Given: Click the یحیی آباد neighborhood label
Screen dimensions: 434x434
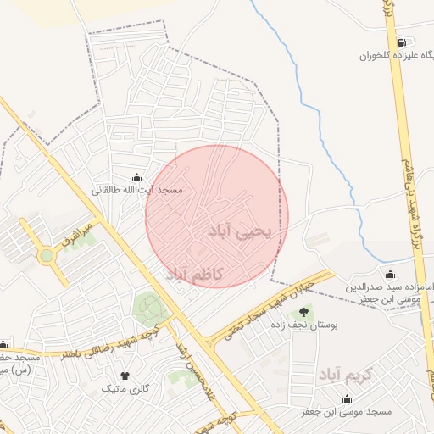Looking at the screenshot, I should pos(239,231).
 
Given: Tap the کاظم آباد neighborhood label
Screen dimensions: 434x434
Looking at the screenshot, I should pos(194,274).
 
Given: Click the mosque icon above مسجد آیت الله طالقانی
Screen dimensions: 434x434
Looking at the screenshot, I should pos(137,177).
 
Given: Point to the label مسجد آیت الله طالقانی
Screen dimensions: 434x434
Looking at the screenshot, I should pos(138,190).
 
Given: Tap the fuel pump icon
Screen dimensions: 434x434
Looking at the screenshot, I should pos(401,42).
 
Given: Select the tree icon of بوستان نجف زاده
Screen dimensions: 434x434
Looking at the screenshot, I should pos(303,312).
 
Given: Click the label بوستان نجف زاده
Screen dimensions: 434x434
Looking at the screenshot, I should pos(304,325).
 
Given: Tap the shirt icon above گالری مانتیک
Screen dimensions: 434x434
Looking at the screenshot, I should pos(125,375).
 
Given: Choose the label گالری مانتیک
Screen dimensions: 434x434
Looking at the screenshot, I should pos(125,388).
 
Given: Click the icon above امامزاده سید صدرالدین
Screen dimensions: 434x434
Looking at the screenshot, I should pos(390,274).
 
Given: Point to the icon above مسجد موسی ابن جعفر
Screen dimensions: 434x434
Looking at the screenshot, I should pos(347,398).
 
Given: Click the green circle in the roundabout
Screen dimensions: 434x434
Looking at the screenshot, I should pos(47,255).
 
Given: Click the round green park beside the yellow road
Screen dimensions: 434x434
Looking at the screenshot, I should pos(150,308).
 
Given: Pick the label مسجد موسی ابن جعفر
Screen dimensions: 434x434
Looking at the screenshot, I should pos(347,412).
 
